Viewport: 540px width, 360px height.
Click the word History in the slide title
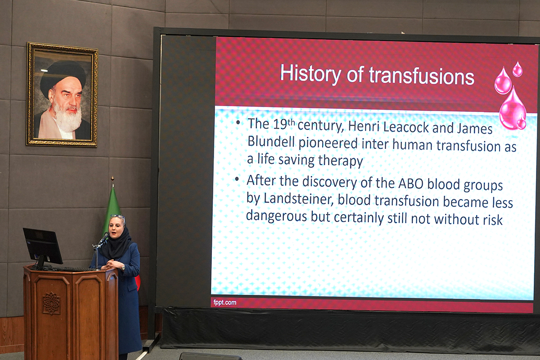[x=310, y=73]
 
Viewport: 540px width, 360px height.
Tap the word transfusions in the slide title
[x=422, y=76]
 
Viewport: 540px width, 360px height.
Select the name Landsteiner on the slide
[x=299, y=199]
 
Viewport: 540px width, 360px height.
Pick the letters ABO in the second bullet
[x=411, y=184]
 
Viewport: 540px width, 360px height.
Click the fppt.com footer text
[x=225, y=302]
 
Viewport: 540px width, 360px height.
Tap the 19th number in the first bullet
[x=284, y=124]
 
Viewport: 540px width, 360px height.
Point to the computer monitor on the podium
[x=43, y=247]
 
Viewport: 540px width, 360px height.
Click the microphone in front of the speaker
[x=103, y=239]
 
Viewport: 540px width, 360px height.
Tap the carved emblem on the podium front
[x=51, y=303]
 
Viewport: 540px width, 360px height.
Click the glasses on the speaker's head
[x=118, y=216]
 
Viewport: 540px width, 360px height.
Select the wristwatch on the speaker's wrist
[x=123, y=268]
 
